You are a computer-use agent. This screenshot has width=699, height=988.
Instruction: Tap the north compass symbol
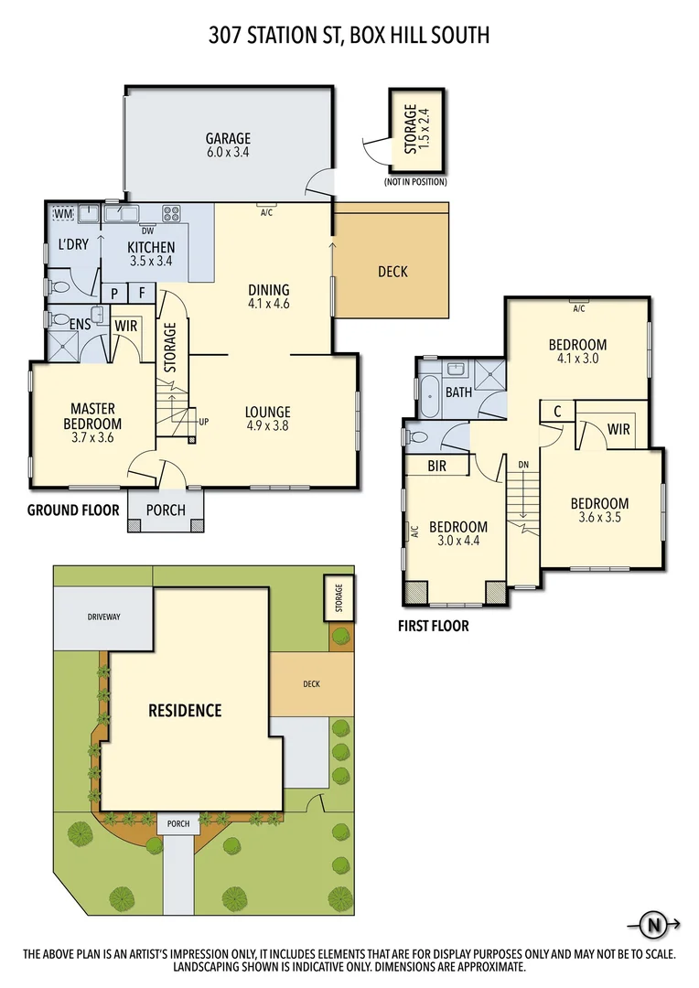tap(654, 925)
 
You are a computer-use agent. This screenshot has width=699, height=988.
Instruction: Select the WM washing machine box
tap(62, 214)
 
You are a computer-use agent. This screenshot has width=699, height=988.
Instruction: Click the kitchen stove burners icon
tap(171, 214)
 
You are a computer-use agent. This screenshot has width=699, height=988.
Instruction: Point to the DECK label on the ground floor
tap(393, 272)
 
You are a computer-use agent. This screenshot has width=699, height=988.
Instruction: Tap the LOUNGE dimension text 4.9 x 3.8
tap(267, 425)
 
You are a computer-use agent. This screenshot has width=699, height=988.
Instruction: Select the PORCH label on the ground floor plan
tap(166, 510)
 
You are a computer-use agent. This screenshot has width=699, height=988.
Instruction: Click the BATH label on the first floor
tap(458, 392)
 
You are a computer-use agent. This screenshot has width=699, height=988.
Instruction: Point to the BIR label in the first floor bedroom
tap(436, 466)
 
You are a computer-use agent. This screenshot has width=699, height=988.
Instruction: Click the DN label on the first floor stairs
tap(523, 465)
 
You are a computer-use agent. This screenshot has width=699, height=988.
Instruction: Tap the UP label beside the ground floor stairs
tap(205, 421)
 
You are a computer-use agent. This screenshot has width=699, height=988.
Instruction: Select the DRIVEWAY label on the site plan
tap(103, 617)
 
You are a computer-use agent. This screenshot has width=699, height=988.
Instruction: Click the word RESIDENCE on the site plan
tap(186, 710)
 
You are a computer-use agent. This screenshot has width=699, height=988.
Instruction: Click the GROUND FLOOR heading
tap(72, 510)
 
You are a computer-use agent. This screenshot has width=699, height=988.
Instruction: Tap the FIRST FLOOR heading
tap(434, 627)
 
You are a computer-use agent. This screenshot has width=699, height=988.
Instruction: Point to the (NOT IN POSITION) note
tap(416, 182)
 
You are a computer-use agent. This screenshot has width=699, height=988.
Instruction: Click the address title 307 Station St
tap(349, 36)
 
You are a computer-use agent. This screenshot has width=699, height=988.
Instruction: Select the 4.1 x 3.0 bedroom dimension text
tap(577, 359)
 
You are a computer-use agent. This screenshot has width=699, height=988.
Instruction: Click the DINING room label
tap(268, 290)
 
